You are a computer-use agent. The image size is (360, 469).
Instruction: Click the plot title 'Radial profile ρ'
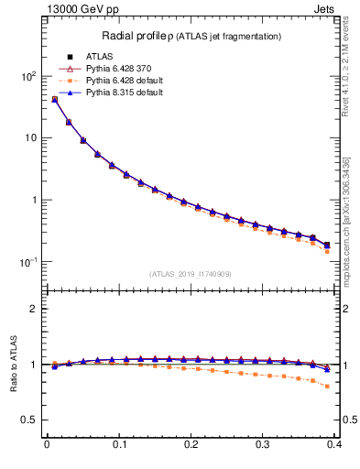[138, 36]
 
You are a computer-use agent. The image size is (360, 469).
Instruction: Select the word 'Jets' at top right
[338, 8]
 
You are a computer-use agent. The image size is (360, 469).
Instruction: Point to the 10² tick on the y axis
[28, 76]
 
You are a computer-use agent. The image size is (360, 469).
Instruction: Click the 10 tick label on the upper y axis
[30, 137]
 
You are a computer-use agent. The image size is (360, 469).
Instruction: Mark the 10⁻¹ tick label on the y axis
[28, 262]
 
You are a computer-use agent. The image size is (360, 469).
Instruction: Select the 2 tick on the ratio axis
[33, 309]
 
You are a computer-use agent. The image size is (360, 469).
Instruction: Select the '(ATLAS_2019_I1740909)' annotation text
[191, 274]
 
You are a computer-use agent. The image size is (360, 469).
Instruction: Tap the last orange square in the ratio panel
[327, 386]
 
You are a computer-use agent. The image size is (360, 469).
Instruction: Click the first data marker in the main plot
[54, 99]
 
